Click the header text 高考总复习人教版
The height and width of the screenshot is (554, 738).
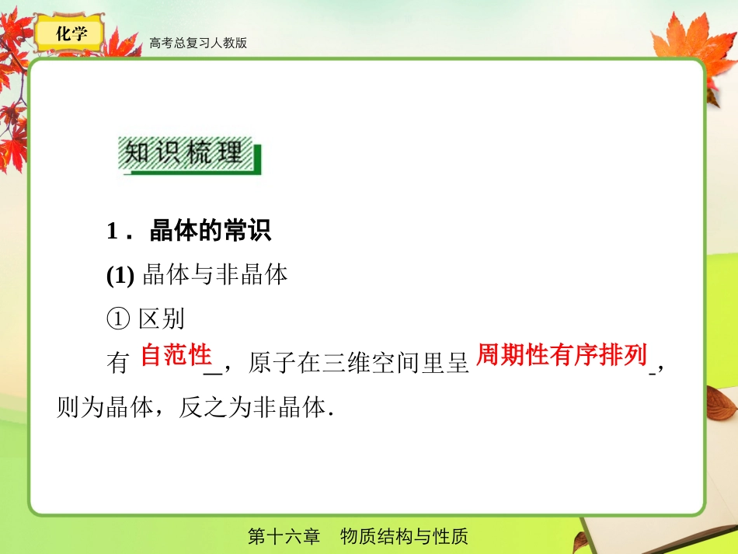198,44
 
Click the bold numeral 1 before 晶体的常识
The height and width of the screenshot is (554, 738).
112,232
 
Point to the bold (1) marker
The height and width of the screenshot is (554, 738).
120,275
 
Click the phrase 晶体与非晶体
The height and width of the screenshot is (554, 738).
216,275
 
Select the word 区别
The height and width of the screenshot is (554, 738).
162,319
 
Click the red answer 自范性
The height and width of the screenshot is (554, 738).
176,356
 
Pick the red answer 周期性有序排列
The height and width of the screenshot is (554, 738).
561,356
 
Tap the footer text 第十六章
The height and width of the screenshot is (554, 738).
284,537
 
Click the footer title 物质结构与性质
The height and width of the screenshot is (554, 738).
404,537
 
